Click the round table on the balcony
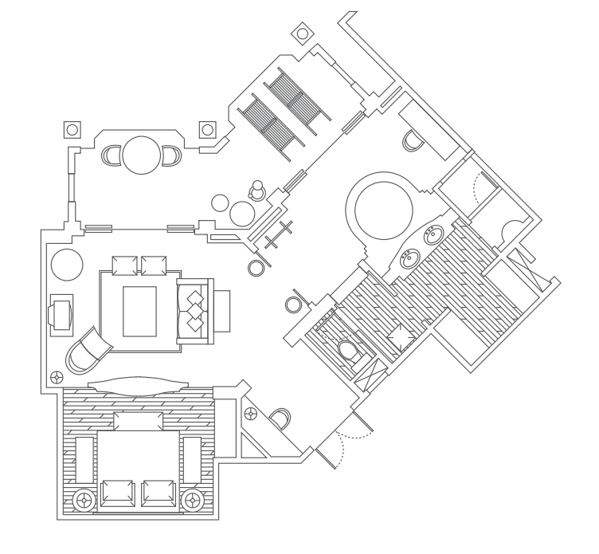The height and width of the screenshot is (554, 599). point(142,155)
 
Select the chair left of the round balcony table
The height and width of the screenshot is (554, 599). point(112,155)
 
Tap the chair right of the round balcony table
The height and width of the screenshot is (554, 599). point(171,155)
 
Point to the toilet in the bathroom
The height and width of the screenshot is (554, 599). point(347,350)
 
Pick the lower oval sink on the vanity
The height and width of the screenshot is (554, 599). point(409,258)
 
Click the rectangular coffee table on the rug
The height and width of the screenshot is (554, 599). point(139,311)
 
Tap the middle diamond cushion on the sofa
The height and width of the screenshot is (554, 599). point(194,311)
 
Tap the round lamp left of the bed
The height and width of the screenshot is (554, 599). point(84,501)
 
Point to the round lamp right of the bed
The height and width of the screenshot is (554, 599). point(191,501)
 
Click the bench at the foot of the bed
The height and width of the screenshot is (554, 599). point(138,421)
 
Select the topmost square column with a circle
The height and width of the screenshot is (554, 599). point(303,33)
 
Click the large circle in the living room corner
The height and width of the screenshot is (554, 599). point(67,264)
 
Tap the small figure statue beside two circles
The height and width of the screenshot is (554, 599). point(257,191)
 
